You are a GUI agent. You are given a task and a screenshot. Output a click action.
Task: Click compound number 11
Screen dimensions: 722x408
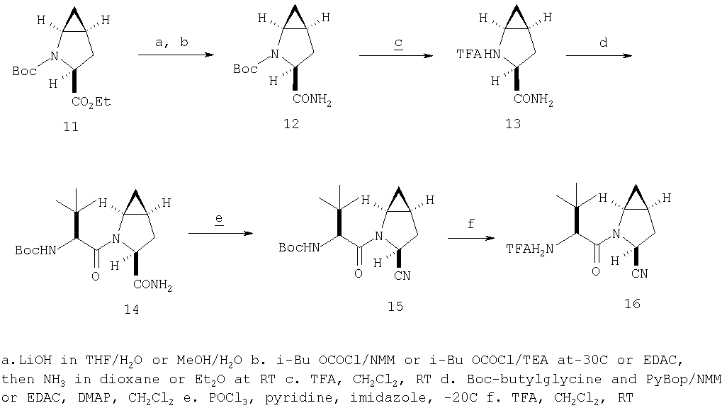(70, 126)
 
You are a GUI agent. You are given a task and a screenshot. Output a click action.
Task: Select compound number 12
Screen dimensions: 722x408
(291, 123)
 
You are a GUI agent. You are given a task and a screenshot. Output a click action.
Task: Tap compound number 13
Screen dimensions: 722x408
(513, 123)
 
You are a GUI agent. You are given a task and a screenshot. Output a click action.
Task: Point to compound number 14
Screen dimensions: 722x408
(131, 309)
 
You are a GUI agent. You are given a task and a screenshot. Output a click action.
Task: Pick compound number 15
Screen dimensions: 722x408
(395, 306)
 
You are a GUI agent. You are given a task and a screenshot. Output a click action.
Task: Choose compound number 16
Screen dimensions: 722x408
(632, 303)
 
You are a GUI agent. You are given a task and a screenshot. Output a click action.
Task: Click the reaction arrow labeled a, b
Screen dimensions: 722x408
(176, 55)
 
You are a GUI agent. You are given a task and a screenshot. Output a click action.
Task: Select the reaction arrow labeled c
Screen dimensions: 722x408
(396, 56)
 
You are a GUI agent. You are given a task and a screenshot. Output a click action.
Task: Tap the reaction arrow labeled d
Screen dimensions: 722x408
(599, 55)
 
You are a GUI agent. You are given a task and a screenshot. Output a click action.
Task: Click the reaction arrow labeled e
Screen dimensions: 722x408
(221, 233)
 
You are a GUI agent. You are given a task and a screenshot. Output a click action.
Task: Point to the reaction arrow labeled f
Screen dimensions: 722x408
(471, 238)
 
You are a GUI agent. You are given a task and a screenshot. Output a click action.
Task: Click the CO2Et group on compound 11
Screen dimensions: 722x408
(91, 102)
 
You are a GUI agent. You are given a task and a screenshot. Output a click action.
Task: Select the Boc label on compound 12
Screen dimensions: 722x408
(245, 69)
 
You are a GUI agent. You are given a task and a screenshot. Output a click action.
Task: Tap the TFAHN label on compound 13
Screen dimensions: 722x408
(478, 55)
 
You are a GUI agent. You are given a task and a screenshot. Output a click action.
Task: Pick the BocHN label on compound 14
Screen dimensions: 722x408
(35, 250)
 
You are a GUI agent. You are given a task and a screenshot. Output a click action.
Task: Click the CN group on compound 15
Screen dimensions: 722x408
(402, 276)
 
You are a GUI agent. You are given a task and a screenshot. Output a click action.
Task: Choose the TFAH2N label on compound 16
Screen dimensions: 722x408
(530, 249)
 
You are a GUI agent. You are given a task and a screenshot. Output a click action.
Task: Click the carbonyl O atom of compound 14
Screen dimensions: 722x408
(96, 276)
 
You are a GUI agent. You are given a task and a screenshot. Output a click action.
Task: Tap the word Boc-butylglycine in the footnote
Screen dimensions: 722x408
(534, 379)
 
